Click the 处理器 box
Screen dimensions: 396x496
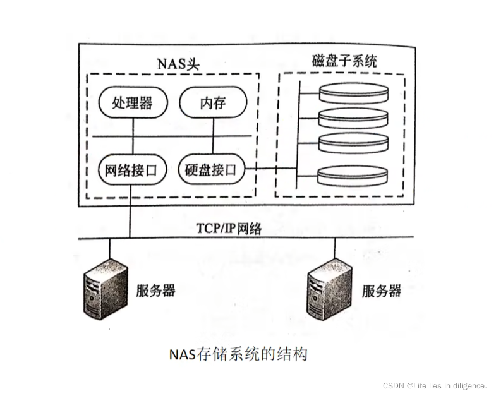pyautogui.click(x=132, y=102)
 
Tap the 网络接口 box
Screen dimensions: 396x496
pyautogui.click(x=132, y=169)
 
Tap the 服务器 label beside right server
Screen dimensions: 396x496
pyautogui.click(x=382, y=291)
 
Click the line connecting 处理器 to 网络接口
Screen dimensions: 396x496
pyautogui.click(x=132, y=128)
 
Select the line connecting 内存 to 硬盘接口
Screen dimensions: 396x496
pyautogui.click(x=212, y=128)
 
